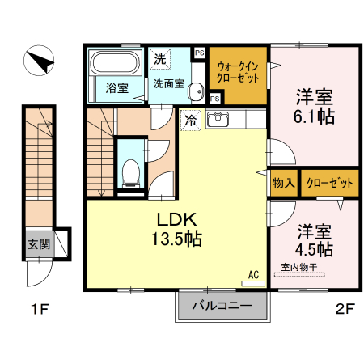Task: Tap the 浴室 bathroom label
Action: tap(117, 88)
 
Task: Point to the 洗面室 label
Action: tap(168, 82)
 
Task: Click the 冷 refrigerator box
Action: tap(190, 120)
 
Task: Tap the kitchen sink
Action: tap(220, 121)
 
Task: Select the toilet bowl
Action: tap(129, 171)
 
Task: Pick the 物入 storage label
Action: tap(283, 183)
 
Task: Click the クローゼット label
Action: tap(329, 183)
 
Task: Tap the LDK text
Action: tap(179, 220)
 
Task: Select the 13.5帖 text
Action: tap(179, 239)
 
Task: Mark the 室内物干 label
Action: tap(298, 266)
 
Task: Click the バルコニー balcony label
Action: tap(221, 307)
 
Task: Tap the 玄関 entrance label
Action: tap(38, 244)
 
